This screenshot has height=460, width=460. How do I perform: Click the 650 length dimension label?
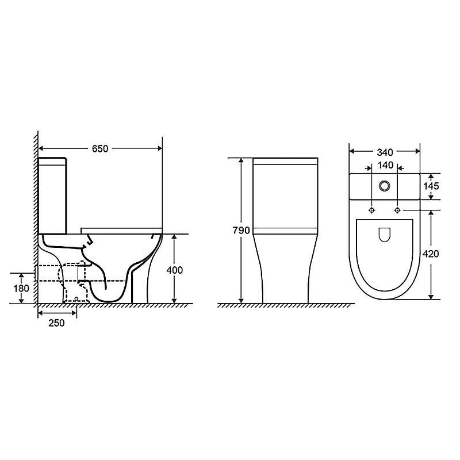pyautogui.click(x=100, y=149)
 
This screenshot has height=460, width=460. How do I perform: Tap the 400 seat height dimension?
pyautogui.click(x=175, y=270)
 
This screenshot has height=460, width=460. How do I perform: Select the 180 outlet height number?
pyautogui.click(x=21, y=288)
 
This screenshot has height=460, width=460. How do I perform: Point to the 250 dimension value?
pyautogui.click(x=56, y=323)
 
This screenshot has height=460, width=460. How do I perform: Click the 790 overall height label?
pyautogui.click(x=241, y=231)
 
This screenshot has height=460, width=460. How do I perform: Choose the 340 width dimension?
pyautogui.click(x=385, y=152)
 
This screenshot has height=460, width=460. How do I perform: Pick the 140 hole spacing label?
pyautogui.click(x=385, y=166)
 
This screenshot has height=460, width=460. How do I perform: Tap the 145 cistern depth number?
pyautogui.click(x=431, y=186)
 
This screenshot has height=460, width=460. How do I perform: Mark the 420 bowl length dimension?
pyautogui.click(x=430, y=254)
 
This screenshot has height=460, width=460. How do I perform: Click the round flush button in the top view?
pyautogui.click(x=384, y=186)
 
